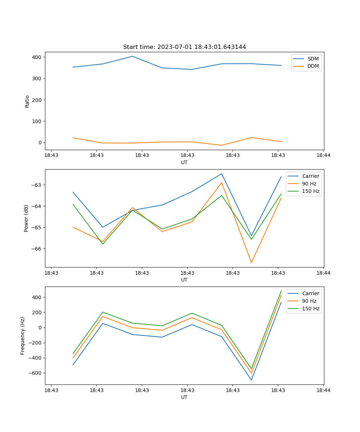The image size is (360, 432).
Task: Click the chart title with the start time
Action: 184,47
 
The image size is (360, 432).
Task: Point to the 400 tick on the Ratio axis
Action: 37,57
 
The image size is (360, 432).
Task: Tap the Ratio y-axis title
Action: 27,101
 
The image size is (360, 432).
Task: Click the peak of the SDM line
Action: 132,56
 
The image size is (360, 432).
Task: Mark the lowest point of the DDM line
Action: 221,145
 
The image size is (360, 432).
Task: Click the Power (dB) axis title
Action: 26,218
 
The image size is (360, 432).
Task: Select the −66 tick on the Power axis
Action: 37,249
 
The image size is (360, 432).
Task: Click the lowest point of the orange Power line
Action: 251,262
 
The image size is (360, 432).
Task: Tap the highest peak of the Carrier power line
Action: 221,174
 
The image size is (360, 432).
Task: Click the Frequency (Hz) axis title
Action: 23,336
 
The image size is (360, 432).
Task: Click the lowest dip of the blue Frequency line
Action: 251,380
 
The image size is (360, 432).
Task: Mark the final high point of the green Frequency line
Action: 281,291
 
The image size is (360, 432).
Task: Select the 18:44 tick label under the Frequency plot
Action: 323,390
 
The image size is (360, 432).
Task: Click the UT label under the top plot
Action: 184,162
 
